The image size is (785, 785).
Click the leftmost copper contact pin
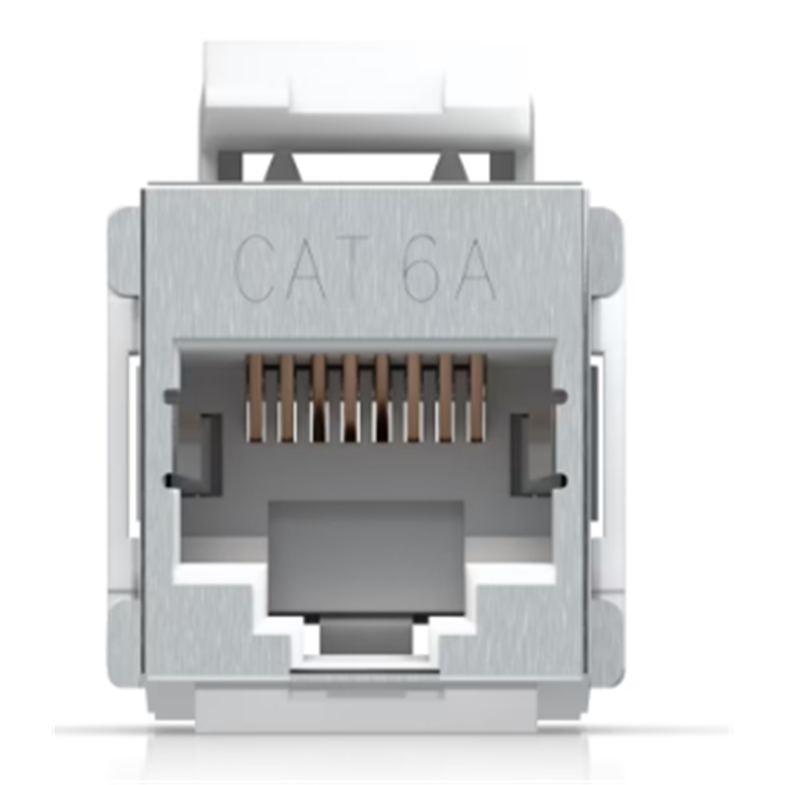point(256,398)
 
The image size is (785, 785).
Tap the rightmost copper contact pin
point(478,398)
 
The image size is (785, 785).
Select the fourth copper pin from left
point(350,398)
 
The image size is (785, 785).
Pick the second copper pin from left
point(287,398)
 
